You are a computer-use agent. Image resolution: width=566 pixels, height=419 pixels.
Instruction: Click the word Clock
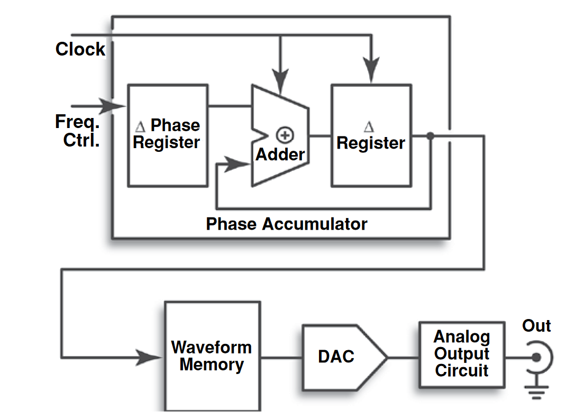point(80,49)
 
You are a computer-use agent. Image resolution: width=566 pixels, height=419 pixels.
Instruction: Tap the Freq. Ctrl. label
point(78,131)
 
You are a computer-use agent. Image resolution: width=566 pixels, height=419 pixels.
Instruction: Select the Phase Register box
point(167,135)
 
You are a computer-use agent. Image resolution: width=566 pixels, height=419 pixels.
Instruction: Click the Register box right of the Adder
point(371,135)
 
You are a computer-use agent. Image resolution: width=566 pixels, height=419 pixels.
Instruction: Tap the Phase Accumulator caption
point(286,224)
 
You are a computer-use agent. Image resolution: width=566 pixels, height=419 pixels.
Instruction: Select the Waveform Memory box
point(212,356)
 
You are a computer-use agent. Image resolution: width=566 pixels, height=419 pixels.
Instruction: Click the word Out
point(536,326)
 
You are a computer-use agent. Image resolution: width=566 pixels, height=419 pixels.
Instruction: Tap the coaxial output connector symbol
point(537,358)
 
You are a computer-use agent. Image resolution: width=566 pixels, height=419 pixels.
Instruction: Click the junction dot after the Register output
point(430,136)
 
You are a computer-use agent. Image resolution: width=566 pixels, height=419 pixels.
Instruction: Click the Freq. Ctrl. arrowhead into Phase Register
point(113,106)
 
